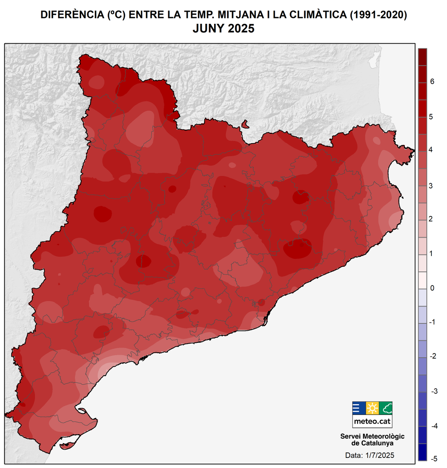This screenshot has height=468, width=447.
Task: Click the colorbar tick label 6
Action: (432, 82)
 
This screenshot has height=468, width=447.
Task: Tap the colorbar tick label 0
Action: (432, 288)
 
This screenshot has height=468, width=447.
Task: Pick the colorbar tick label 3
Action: (431, 186)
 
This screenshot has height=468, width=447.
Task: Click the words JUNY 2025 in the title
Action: (223, 29)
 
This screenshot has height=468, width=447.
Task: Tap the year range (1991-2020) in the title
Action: (378, 15)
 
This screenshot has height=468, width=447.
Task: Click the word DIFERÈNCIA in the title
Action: (71, 15)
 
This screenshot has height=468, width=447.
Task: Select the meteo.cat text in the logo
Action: (372, 421)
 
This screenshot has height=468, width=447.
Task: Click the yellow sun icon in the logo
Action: (372, 408)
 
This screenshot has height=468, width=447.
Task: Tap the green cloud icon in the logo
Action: (386, 408)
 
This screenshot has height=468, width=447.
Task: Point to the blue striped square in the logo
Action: (358, 408)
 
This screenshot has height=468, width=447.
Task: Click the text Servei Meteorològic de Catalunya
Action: (372, 440)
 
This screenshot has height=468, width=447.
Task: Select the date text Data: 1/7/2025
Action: (370, 455)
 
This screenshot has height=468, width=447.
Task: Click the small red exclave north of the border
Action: (245, 124)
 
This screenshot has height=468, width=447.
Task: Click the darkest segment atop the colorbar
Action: (422, 57)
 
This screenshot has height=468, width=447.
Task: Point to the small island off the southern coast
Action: (67, 444)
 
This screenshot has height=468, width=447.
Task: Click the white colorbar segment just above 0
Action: (422, 280)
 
